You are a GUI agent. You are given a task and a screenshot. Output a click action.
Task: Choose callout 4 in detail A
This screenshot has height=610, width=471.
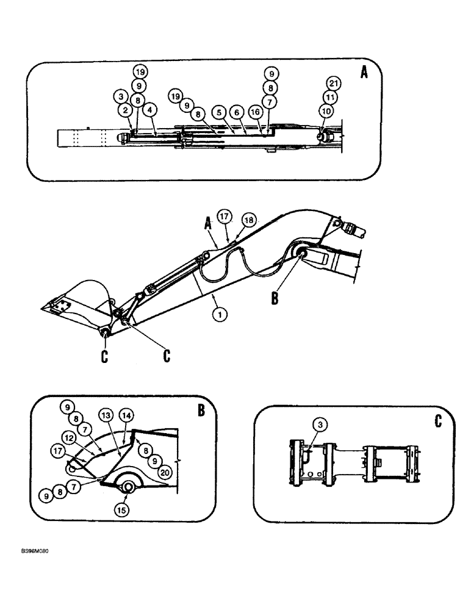(x=149, y=110)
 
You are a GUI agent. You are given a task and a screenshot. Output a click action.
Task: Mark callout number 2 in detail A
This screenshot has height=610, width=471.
(x=126, y=110)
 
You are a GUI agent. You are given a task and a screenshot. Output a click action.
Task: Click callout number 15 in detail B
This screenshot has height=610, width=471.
(x=124, y=511)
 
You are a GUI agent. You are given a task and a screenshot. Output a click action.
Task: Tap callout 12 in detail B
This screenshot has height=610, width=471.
(x=69, y=437)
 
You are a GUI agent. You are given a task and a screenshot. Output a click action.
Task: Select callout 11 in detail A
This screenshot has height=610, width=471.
(x=330, y=96)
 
